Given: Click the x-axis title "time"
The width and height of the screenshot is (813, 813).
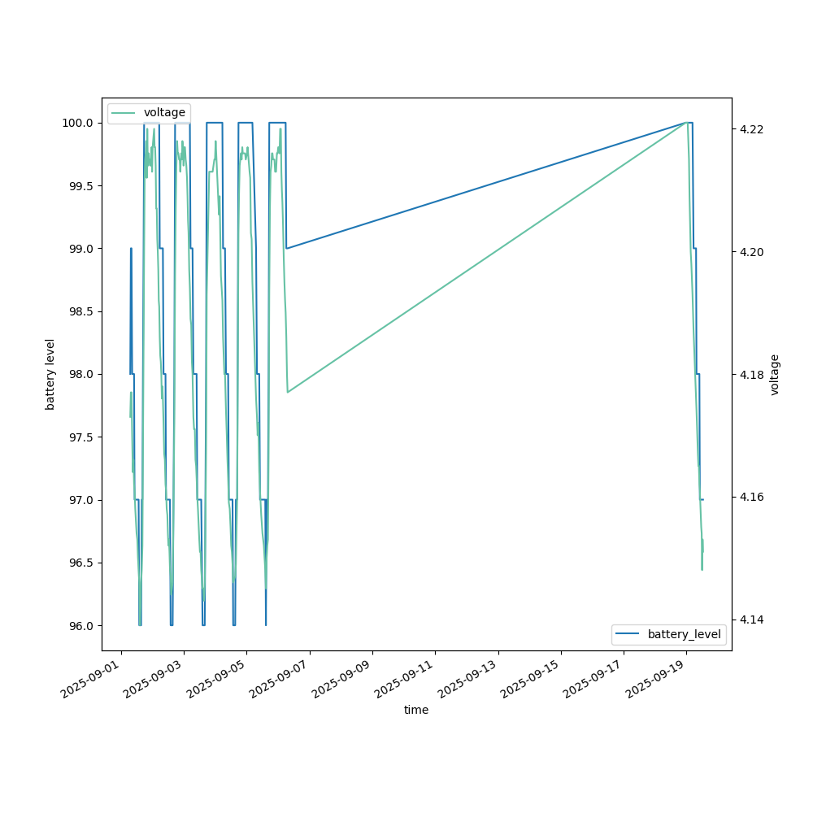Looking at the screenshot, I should point(416,710).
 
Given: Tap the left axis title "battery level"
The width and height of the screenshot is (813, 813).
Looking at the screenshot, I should point(50,374).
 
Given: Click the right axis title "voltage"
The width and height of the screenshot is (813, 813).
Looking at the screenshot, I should point(775,374).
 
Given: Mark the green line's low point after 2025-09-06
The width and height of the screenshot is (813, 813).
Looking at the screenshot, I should point(287,393).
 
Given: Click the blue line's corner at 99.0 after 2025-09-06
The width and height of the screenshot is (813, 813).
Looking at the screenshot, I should point(286,248).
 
